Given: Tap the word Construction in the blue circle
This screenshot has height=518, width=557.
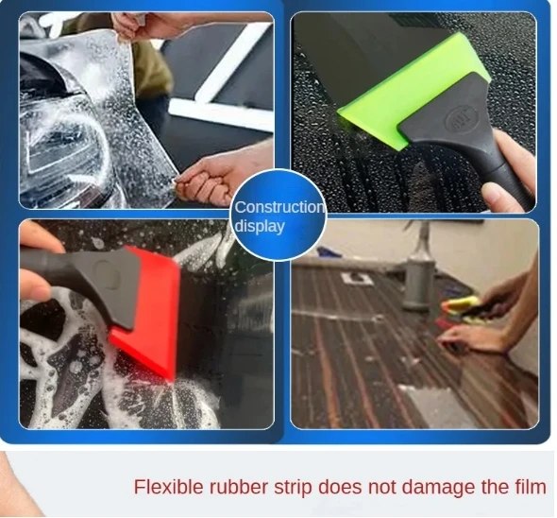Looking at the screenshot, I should click(278, 207).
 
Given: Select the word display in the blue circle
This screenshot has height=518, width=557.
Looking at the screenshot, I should click(260, 226).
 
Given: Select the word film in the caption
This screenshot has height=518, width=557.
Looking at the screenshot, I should click(530, 488).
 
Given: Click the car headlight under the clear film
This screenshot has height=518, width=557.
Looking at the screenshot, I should click(57, 142).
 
